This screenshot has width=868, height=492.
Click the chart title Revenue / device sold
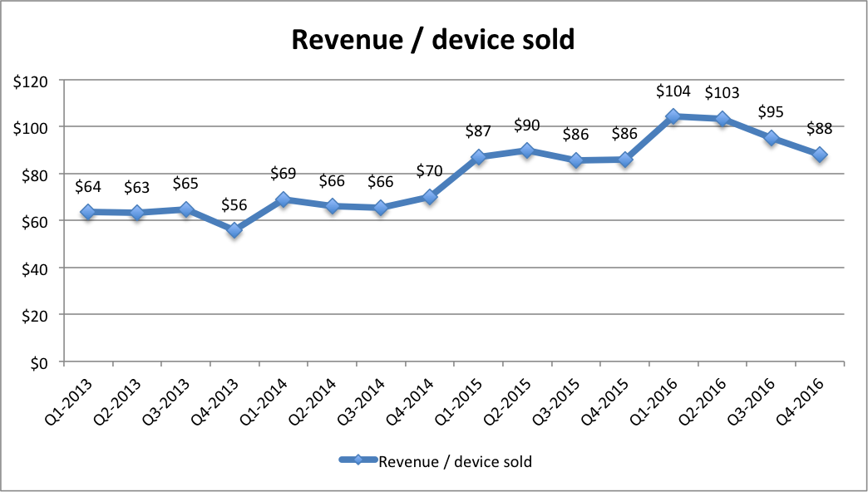[432, 39]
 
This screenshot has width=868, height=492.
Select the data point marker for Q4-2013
[234, 230]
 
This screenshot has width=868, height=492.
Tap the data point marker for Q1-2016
[673, 117]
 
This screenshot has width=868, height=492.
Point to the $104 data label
[673, 91]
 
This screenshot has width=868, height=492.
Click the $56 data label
[234, 204]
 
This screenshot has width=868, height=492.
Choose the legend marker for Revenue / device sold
[358, 460]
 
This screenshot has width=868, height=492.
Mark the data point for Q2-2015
[527, 150]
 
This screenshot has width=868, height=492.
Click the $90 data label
[527, 125]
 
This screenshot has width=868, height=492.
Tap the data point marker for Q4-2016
[820, 155]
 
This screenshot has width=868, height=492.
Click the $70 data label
[430, 172]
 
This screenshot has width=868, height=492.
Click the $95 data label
[771, 112]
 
